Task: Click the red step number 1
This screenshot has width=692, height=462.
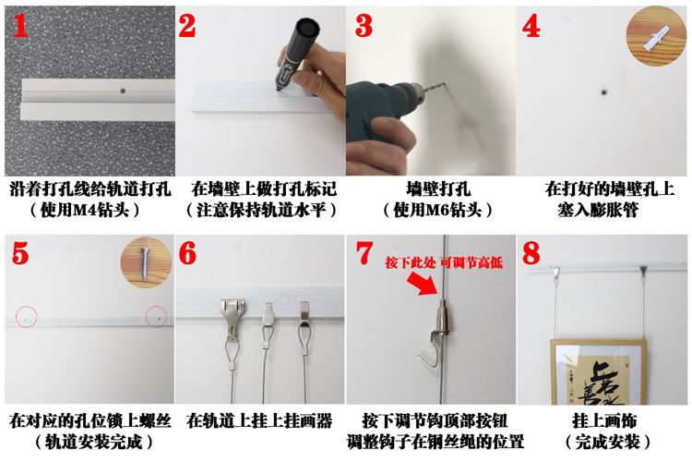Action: click(20, 26)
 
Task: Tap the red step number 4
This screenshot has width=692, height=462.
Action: click(531, 26)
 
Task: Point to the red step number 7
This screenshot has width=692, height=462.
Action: click(364, 253)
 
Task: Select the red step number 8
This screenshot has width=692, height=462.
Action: click(531, 253)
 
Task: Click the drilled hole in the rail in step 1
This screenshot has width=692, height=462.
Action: click(123, 91)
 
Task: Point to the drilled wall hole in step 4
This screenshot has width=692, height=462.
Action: click(603, 92)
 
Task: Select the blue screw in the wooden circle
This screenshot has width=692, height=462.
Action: click(144, 265)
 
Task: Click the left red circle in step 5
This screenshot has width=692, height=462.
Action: click(27, 317)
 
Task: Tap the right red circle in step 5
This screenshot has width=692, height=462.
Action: click(156, 317)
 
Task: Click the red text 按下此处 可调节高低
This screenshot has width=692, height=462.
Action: click(444, 262)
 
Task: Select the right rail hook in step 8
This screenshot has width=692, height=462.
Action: click(644, 271)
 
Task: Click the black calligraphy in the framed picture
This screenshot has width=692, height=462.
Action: click(605, 383)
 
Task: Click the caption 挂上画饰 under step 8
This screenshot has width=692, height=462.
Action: click(604, 420)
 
